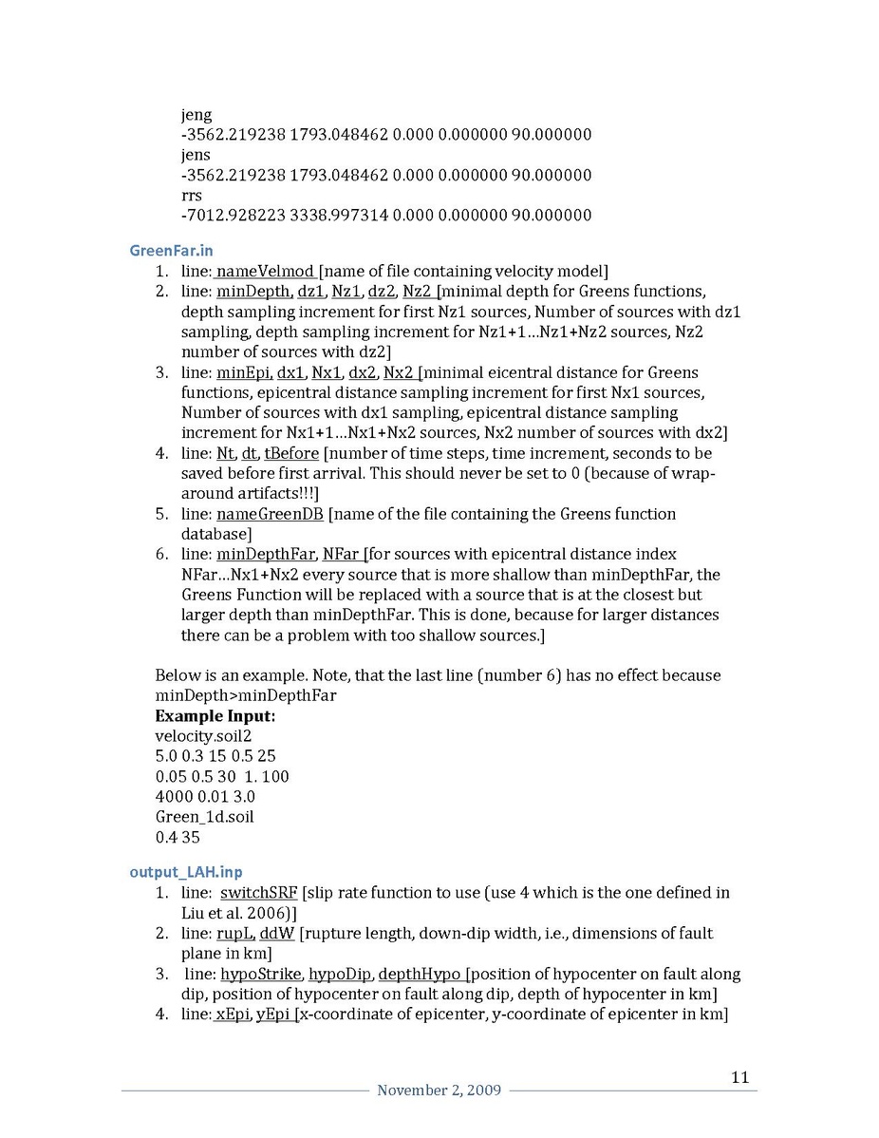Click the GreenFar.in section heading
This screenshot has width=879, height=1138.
tap(171, 251)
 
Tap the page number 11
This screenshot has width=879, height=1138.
tap(740, 1076)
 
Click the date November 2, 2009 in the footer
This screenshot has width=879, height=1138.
tap(439, 1090)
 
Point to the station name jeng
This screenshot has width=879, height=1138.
tap(196, 115)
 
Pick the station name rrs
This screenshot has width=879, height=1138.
tap(191, 195)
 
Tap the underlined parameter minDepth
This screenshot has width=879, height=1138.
tap(253, 291)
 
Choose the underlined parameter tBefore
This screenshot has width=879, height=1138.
tap(291, 454)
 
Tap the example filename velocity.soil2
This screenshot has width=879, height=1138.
tap(203, 735)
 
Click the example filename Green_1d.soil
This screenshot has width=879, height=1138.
tap(204, 816)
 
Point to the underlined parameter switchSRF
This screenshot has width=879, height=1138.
tap(259, 893)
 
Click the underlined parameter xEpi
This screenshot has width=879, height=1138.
tap(233, 1015)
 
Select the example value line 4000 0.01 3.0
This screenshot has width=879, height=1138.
tap(205, 796)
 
